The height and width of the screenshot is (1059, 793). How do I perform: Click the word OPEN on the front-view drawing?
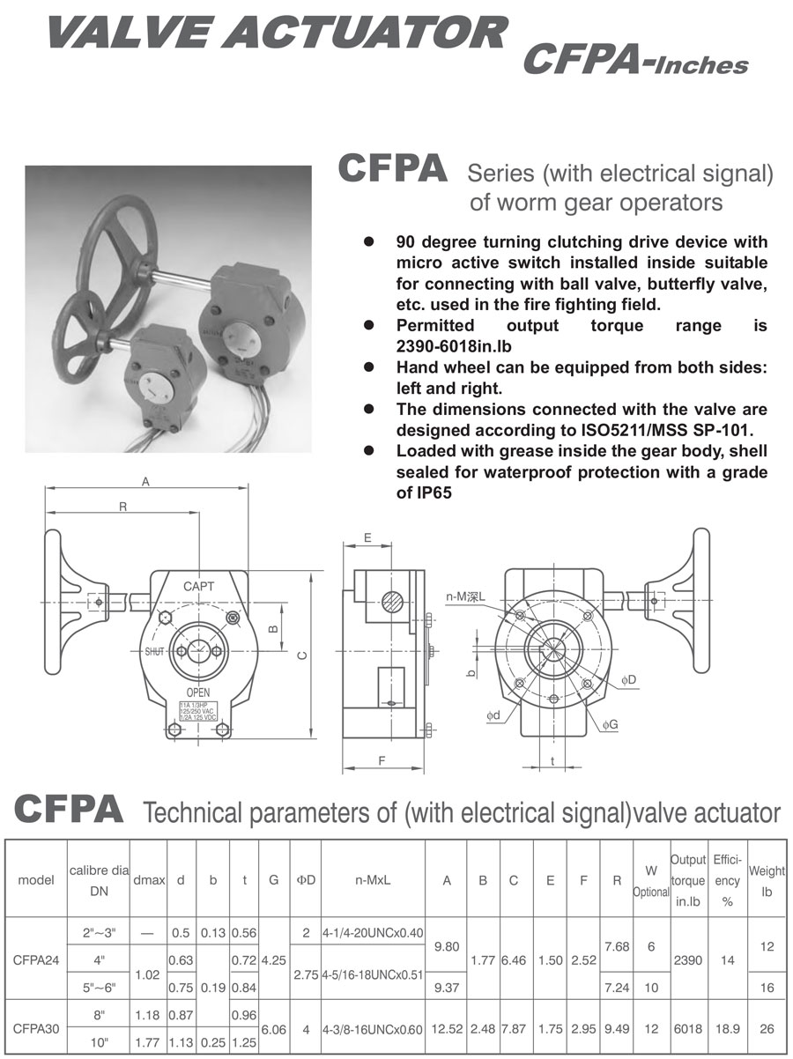198,692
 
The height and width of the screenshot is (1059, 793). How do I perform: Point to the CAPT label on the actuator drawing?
199,586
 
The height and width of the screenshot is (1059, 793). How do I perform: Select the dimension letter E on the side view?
367,537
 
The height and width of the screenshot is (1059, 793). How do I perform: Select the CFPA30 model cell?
38,1029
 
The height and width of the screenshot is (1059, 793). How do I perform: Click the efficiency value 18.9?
727,1029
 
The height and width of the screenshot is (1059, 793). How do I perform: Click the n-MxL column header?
373,879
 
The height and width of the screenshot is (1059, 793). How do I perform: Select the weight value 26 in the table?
767,1029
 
